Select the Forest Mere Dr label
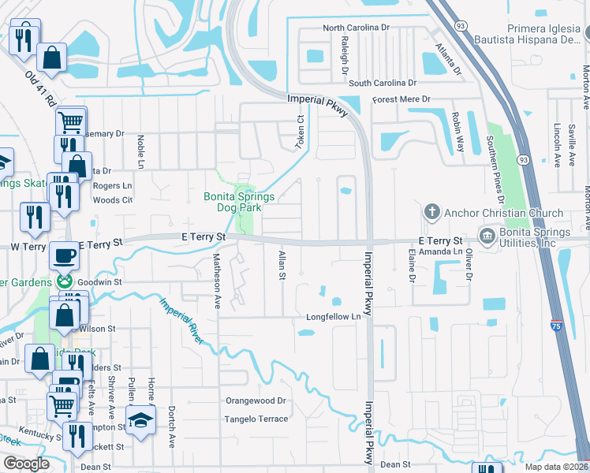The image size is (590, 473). [401, 99]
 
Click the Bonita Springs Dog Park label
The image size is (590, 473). [244, 202]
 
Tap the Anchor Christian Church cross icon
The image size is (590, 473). [431, 212]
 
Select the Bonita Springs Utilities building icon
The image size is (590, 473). [487, 235]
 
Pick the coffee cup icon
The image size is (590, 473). [64, 255]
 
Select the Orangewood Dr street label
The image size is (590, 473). [255, 400]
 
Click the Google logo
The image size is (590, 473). [26, 464]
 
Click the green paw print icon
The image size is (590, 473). [64, 281]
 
